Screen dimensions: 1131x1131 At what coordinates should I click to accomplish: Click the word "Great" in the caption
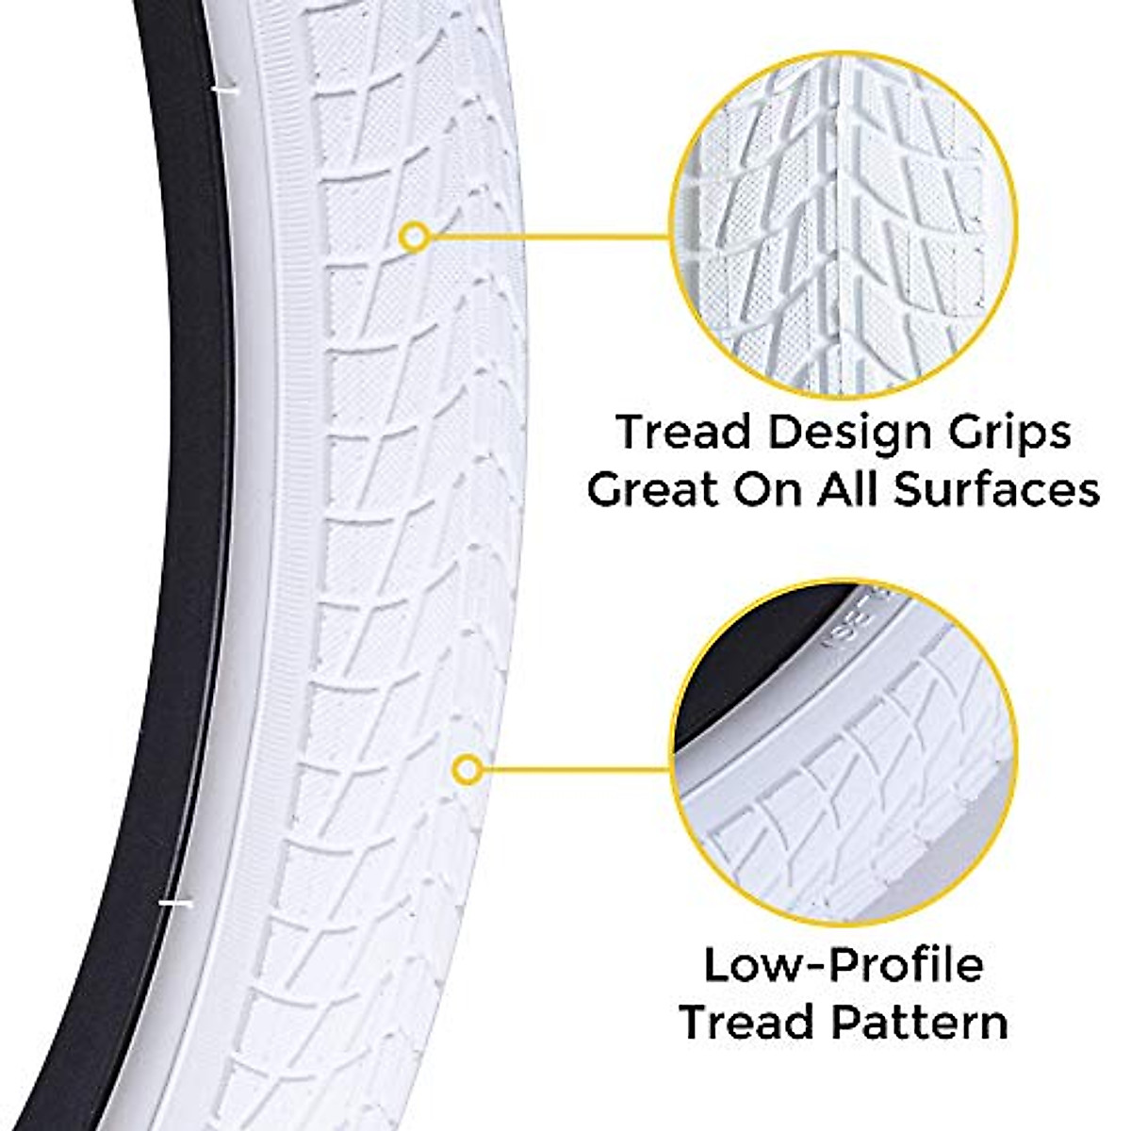pos(646,491)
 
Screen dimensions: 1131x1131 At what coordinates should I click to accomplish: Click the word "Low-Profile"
pos(844,966)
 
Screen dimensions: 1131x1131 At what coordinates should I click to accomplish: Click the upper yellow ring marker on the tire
pos(414,237)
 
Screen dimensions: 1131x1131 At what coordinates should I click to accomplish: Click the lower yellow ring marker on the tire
pos(467,770)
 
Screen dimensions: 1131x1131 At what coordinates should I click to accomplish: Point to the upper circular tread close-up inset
pos(844,226)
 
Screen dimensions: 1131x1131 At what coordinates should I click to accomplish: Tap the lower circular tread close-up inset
pos(844,754)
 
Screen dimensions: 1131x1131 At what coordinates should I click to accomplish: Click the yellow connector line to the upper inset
pos(547,237)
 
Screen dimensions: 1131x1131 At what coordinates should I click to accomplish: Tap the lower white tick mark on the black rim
pos(173,904)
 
